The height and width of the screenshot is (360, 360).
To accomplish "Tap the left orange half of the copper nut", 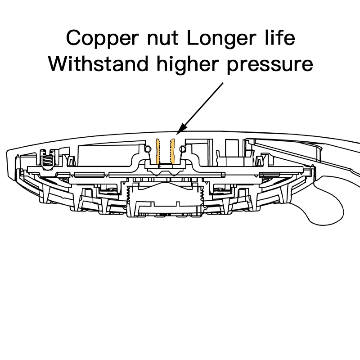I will (x=158, y=151).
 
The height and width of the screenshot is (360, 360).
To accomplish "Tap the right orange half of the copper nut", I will (x=171, y=151).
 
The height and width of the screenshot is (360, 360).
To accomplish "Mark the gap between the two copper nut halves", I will (x=165, y=151).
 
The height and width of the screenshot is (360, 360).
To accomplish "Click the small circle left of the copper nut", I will (x=148, y=148).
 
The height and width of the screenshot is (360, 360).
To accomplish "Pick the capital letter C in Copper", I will (x=72, y=38).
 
